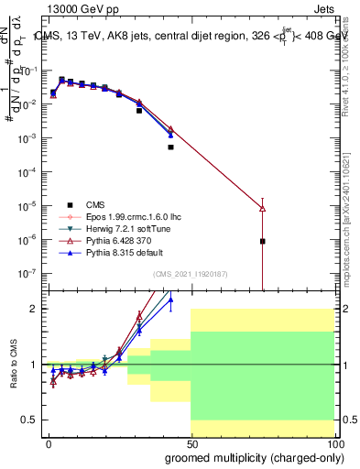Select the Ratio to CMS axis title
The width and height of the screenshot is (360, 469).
point(13,365)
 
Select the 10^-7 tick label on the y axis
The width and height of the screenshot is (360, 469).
point(28,273)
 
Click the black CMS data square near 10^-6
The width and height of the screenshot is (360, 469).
point(263,241)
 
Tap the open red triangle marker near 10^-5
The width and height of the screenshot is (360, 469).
point(263,209)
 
